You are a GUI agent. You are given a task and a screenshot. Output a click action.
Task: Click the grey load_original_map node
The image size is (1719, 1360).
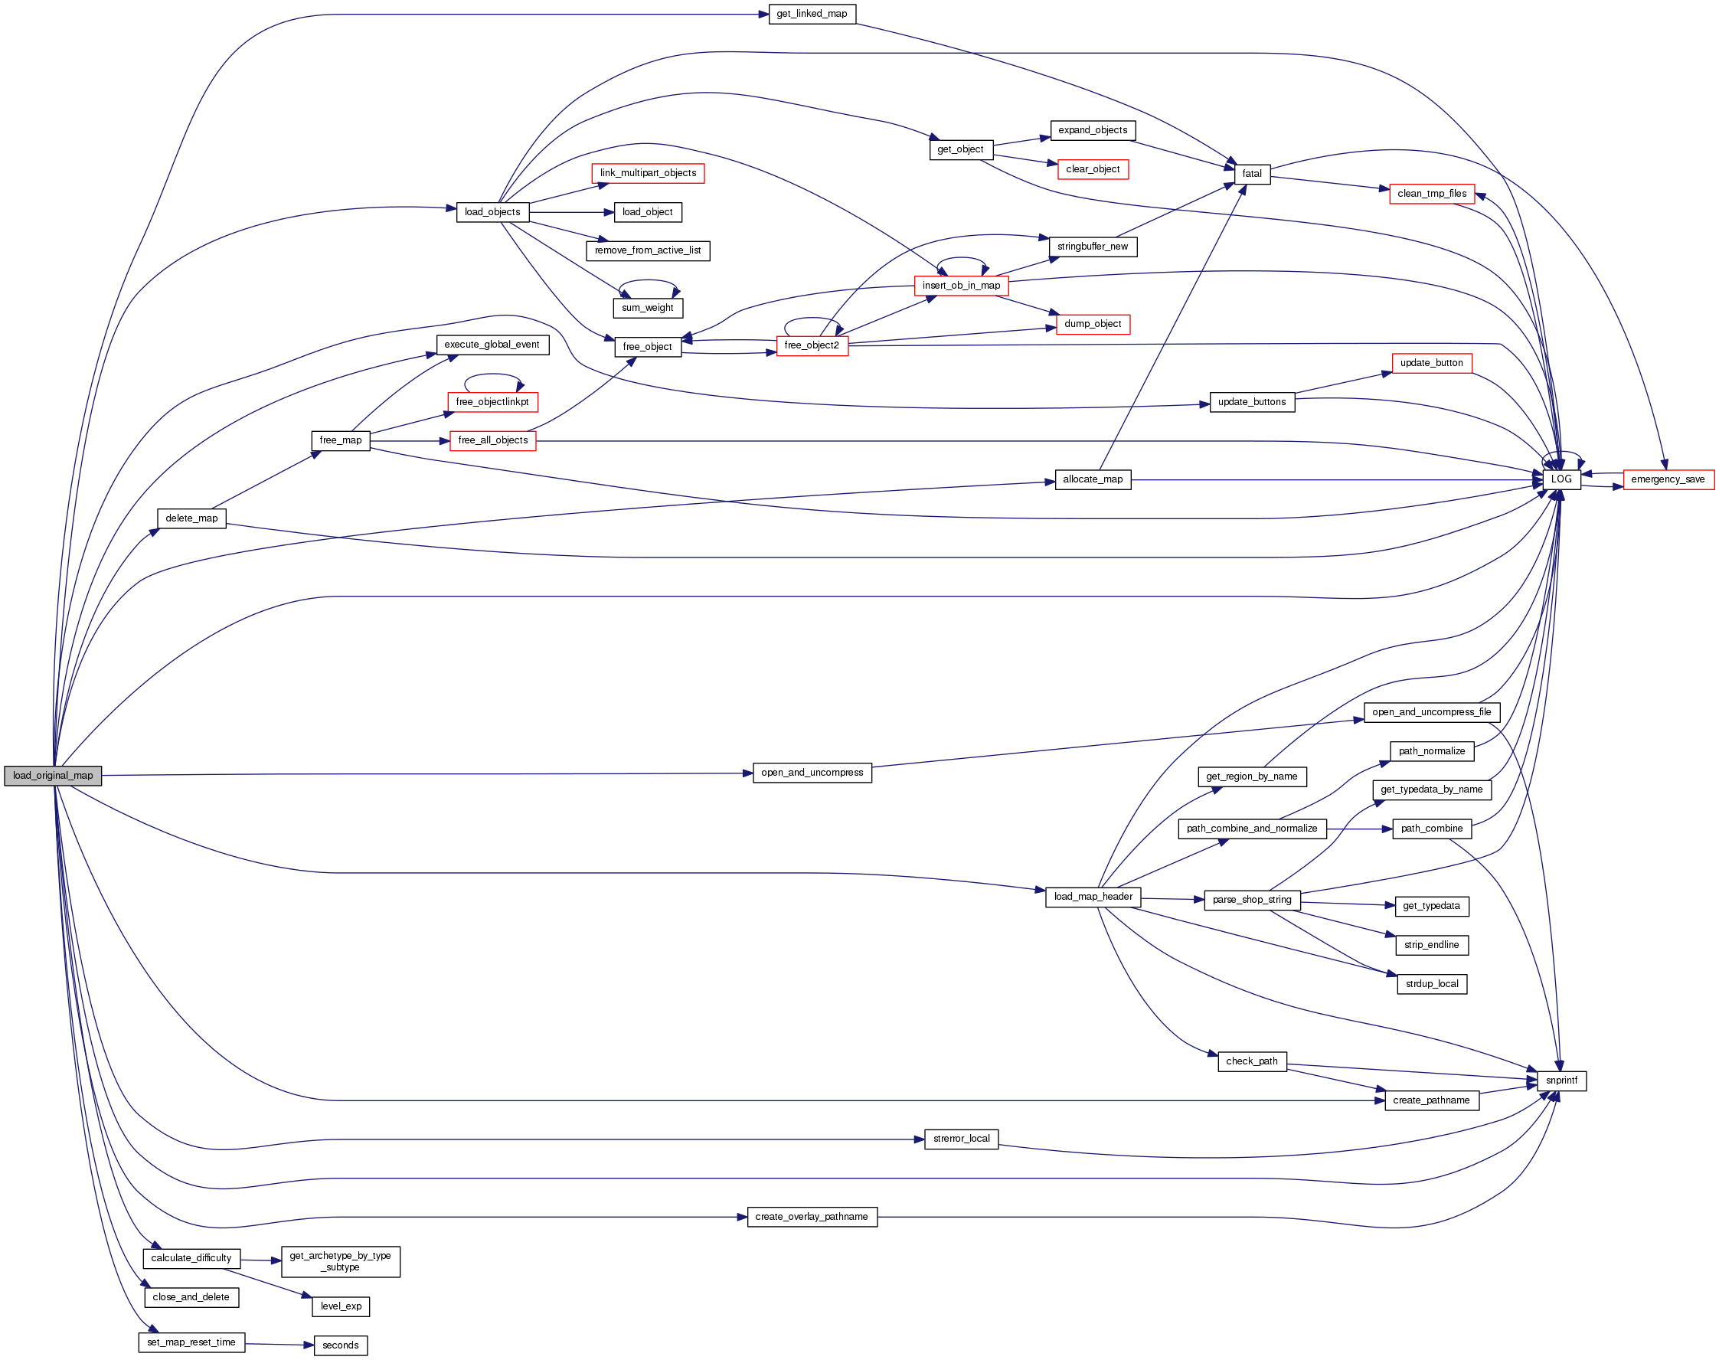click(x=53, y=776)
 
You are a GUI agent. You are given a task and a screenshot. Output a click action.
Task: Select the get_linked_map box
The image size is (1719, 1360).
click(x=812, y=15)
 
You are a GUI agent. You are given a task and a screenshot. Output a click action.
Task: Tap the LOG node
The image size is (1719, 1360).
click(x=1560, y=479)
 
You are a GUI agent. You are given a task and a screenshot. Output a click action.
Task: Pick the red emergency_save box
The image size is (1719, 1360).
click(x=1667, y=479)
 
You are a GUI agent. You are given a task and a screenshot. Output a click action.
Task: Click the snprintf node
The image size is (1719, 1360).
click(x=1560, y=1080)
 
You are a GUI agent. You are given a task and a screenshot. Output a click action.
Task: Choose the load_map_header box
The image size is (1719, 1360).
click(x=1093, y=897)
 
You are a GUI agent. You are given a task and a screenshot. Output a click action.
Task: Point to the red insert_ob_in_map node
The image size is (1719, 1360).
click(x=961, y=286)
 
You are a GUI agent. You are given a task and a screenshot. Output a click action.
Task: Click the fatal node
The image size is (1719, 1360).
click(x=1252, y=174)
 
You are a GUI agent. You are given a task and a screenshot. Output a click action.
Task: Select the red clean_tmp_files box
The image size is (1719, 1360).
click(x=1432, y=194)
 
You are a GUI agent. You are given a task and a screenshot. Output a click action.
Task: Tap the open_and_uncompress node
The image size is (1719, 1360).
click(x=812, y=773)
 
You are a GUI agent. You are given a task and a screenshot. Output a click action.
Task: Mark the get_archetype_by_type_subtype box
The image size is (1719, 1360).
click(x=340, y=1261)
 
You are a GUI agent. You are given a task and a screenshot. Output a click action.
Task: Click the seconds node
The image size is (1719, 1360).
click(x=340, y=1345)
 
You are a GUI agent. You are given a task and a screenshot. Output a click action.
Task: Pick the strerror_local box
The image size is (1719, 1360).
click(x=961, y=1139)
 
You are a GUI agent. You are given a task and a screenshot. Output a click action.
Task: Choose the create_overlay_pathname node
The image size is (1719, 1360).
click(x=812, y=1217)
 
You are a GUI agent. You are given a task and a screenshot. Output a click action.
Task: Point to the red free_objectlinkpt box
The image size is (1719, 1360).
click(x=492, y=402)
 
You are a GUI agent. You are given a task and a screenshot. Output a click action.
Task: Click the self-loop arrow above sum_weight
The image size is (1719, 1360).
click(x=648, y=281)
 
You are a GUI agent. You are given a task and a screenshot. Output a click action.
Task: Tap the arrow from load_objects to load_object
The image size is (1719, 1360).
click(x=571, y=213)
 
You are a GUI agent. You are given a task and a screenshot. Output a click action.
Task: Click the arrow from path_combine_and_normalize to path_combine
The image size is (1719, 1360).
click(x=1359, y=829)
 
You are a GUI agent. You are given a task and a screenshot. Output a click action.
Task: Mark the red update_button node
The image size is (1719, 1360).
click(x=1431, y=363)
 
